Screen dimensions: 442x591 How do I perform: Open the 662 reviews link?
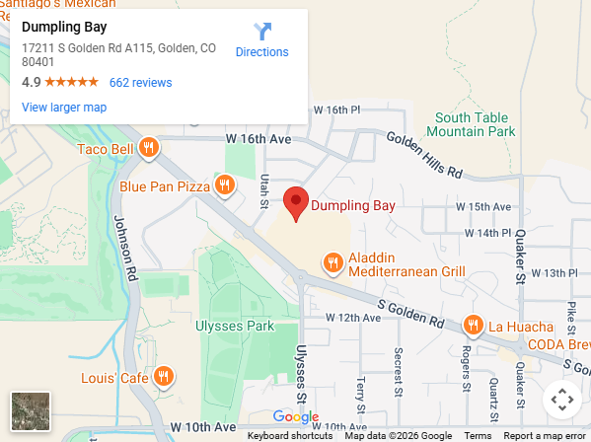[140, 83]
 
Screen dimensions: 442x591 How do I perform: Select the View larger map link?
[64, 108]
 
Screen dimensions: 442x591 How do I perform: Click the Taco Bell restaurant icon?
[148, 148]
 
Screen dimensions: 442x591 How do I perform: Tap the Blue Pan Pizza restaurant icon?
[226, 184]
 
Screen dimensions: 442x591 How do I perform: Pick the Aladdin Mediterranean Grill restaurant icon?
[333, 262]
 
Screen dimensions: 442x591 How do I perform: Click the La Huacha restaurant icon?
[474, 326]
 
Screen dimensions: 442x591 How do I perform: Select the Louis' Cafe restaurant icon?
[165, 377]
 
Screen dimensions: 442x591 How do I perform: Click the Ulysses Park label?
[234, 326]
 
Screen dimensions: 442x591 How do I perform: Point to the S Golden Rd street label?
[410, 315]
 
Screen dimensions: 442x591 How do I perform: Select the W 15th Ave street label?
[483, 207]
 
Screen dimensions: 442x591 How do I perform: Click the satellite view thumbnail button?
[31, 411]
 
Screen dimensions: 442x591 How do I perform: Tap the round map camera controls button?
[561, 400]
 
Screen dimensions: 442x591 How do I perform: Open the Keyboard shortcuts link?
[289, 436]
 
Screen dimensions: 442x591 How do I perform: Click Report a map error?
[545, 436]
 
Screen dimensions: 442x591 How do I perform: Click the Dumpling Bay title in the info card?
[64, 27]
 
